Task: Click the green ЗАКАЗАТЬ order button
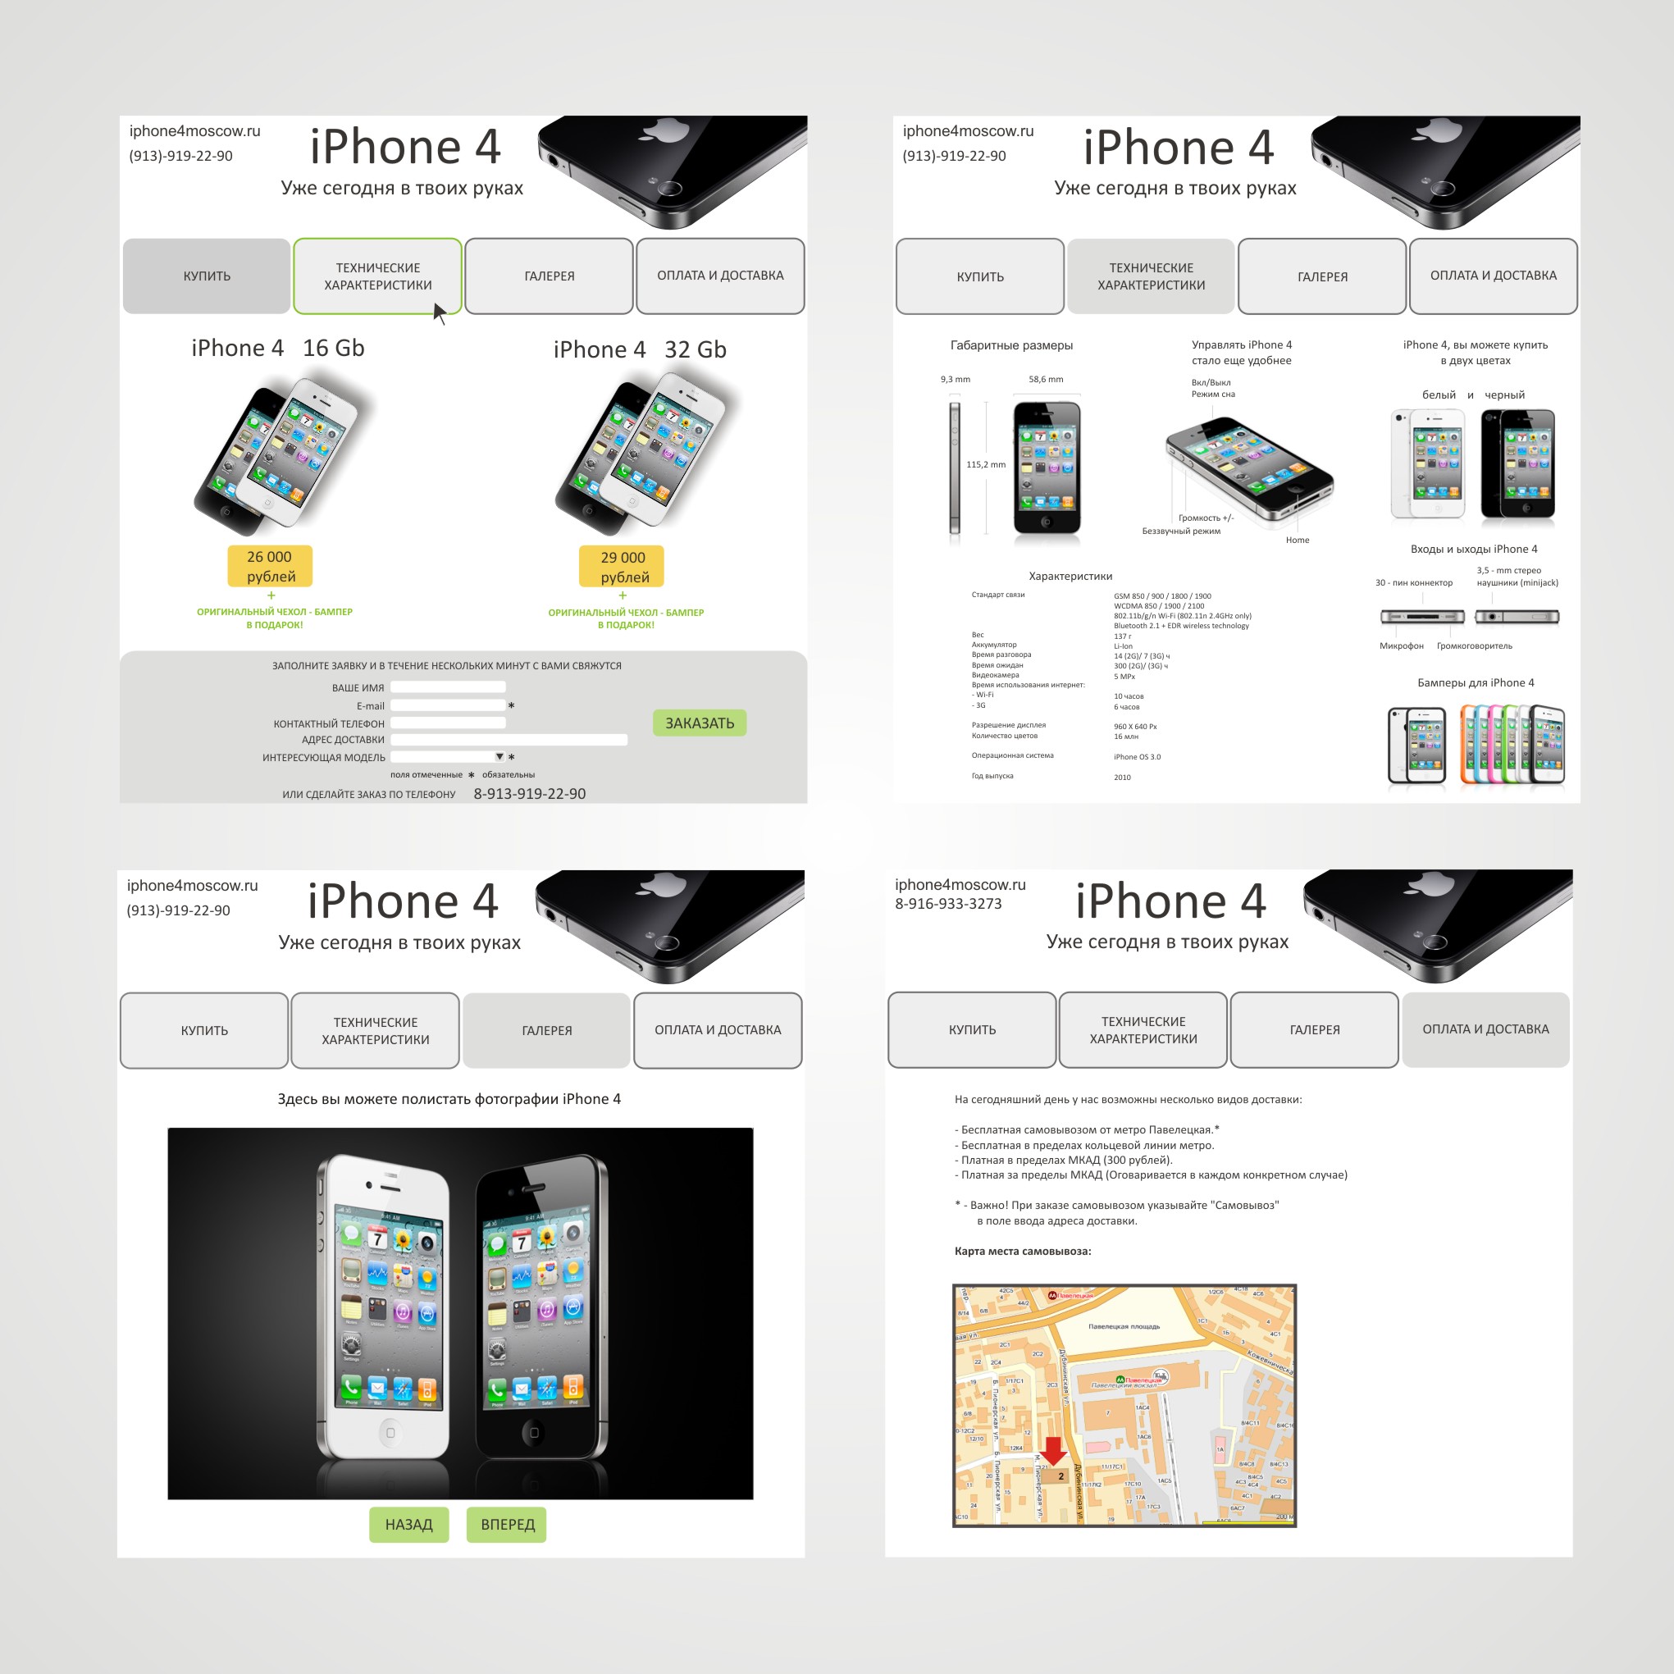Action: [x=700, y=723]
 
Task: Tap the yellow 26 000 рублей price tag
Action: [x=270, y=566]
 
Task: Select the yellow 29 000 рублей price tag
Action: [x=623, y=567]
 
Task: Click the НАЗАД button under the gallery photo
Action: [x=408, y=1524]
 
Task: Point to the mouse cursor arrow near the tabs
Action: [x=439, y=312]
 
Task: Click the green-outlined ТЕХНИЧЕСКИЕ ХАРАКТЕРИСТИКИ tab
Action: [x=378, y=276]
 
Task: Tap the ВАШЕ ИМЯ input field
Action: [x=447, y=687]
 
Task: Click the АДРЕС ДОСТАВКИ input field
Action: [x=509, y=739]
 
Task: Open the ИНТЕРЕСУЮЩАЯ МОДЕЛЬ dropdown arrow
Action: [x=499, y=756]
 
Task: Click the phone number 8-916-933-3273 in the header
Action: [x=948, y=904]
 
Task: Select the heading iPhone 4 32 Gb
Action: [x=640, y=349]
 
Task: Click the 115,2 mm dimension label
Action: [x=986, y=464]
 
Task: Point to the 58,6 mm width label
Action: [x=1046, y=380]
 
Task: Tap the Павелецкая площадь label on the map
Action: [x=1124, y=1326]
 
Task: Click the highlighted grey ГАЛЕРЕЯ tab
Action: [x=547, y=1030]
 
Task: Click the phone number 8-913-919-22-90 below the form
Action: [x=529, y=794]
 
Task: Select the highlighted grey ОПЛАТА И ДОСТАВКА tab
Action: [x=1485, y=1029]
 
